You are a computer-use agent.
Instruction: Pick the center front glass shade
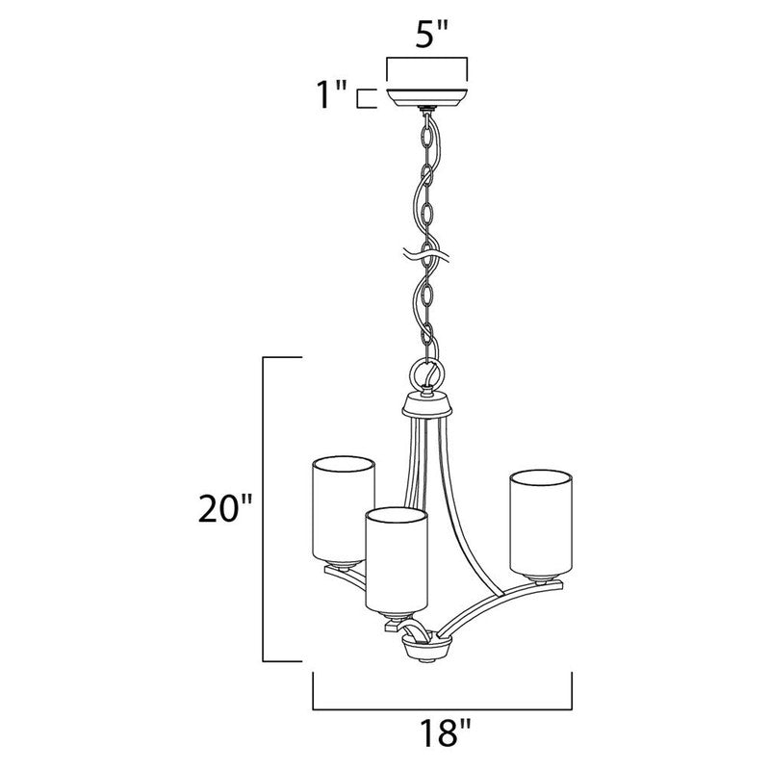(x=395, y=559)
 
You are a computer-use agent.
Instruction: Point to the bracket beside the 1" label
(x=364, y=98)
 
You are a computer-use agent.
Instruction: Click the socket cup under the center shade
(x=395, y=616)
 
